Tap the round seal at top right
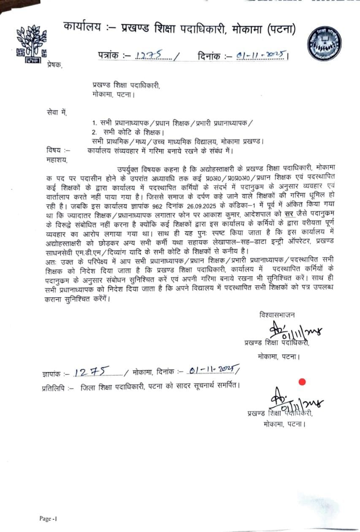(325, 43)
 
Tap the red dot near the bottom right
(302, 382)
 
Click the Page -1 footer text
(48, 518)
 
